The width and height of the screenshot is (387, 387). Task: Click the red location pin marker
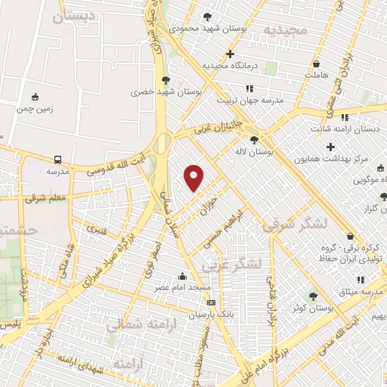pyautogui.click(x=194, y=178)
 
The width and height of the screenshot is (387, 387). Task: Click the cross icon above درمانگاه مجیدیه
pyautogui.click(x=231, y=54)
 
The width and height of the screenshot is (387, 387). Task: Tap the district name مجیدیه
pyautogui.click(x=285, y=29)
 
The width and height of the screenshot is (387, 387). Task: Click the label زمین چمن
pyautogui.click(x=36, y=108)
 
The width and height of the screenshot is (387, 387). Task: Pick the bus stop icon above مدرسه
pyautogui.click(x=58, y=159)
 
